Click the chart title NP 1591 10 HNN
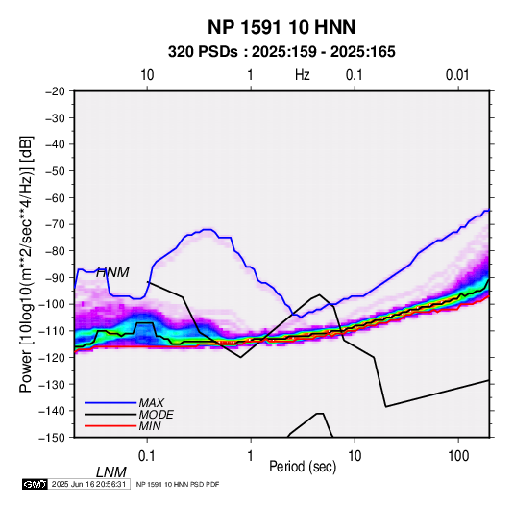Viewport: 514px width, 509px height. point(281,27)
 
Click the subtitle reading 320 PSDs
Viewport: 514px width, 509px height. point(203,52)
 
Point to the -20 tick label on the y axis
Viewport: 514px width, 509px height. point(55,91)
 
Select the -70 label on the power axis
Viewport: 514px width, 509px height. point(55,224)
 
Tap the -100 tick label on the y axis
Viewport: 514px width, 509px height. point(53,304)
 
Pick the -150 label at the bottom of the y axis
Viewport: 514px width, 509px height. point(53,438)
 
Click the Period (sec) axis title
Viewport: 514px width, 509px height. point(303,467)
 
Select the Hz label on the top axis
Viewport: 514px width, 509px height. point(303,75)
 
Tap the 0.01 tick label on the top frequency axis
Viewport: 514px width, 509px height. point(457,75)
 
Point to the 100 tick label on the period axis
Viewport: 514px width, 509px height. point(458,456)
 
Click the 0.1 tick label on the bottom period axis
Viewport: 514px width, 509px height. point(146,456)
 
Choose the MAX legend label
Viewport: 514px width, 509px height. point(152,403)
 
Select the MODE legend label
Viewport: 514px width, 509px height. point(156,415)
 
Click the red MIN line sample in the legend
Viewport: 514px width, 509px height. point(110,426)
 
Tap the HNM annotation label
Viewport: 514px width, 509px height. point(112,272)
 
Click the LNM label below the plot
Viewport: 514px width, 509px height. point(111,472)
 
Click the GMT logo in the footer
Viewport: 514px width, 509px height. point(35,484)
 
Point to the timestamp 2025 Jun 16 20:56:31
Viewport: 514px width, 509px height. point(88,484)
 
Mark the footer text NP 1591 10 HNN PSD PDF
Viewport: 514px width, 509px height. point(178,484)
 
